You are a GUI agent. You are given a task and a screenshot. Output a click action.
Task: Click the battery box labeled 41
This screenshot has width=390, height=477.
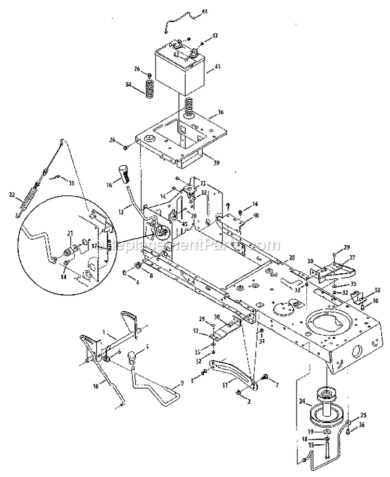pyautogui.click(x=179, y=70)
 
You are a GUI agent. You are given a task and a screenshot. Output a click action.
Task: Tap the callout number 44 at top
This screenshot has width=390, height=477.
pyautogui.click(x=204, y=11)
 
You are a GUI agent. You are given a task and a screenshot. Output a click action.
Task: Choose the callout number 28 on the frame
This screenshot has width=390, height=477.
pyautogui.click(x=292, y=258)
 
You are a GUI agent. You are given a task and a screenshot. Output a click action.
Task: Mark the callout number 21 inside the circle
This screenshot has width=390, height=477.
pyautogui.click(x=70, y=234)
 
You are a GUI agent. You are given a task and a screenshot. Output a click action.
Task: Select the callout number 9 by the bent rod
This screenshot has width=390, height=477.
pyautogui.click(x=182, y=384)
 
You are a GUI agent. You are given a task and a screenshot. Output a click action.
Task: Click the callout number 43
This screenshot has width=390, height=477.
pyautogui.click(x=215, y=35)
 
